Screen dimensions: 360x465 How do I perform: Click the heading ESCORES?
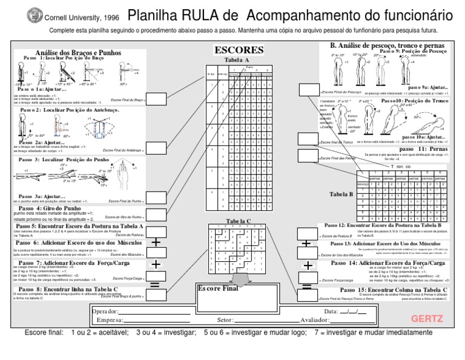click(239, 50)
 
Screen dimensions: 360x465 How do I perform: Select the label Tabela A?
click(237, 60)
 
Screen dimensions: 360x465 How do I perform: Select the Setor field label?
click(225, 319)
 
